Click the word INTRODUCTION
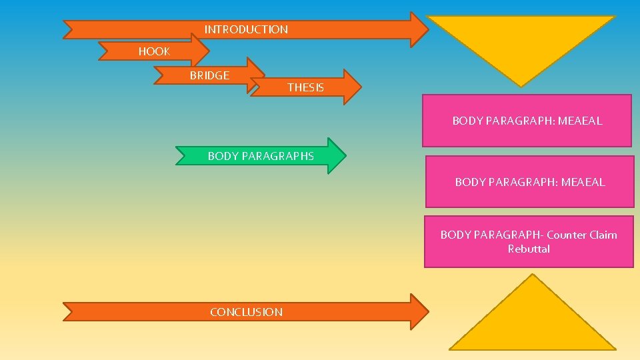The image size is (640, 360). click(246, 29)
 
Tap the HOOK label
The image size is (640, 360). click(154, 51)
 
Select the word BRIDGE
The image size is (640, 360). click(209, 75)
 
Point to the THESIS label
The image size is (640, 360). click(305, 87)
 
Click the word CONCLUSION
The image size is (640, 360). click(246, 312)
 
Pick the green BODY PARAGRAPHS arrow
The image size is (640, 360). click(261, 156)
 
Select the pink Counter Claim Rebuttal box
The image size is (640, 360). click(529, 241)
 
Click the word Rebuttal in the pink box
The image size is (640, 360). click(529, 249)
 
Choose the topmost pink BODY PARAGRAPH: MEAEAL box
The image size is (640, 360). click(527, 121)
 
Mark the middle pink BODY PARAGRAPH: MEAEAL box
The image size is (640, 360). click(530, 181)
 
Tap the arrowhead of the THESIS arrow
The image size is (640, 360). click(352, 87)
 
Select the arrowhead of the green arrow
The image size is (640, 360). click(337, 156)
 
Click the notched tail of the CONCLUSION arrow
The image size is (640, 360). click(69, 312)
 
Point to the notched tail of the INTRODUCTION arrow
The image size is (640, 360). click(69, 29)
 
